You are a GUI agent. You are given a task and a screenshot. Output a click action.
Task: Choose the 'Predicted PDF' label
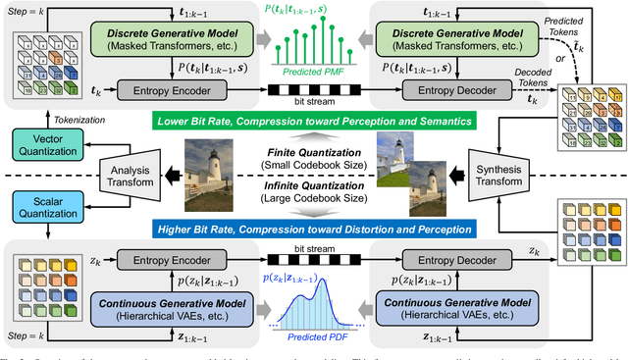pos(313,308)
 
